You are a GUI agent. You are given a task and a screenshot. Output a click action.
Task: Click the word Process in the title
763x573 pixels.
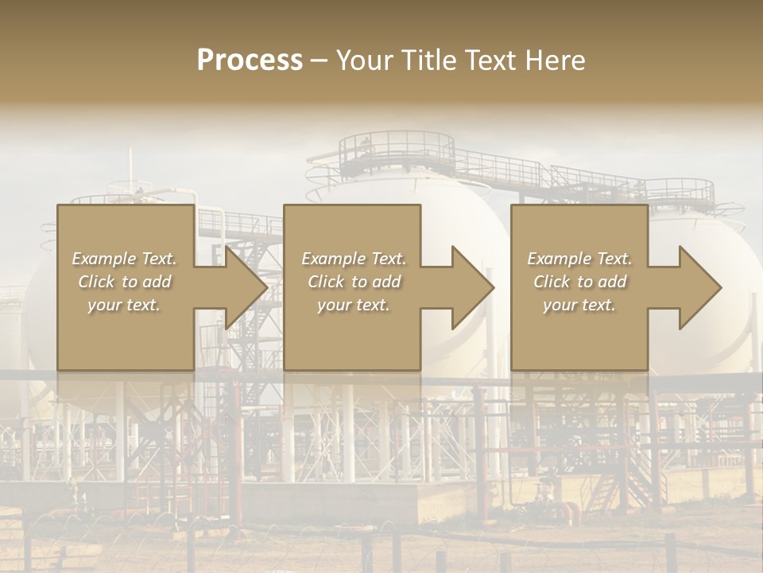[x=250, y=60]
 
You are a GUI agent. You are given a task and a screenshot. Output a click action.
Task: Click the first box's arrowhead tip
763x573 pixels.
[x=267, y=287]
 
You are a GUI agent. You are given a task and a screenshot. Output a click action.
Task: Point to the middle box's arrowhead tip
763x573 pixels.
[x=494, y=287]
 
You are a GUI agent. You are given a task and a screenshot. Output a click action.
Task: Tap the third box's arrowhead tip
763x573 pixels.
[x=721, y=287]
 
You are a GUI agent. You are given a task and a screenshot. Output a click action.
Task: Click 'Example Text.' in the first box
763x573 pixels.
[x=124, y=259]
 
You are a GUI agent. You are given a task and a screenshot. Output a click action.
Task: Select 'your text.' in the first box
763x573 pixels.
[x=124, y=305]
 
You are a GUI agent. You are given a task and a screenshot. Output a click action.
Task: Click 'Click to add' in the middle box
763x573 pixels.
[x=354, y=282]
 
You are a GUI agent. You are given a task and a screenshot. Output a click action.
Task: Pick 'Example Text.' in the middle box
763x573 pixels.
[x=354, y=259]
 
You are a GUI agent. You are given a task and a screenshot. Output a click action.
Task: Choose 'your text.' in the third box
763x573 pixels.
[x=579, y=305]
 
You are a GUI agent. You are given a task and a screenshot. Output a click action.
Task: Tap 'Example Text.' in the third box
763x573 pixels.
[x=579, y=259]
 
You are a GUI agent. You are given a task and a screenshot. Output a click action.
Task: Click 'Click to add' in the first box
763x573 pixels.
[x=124, y=282]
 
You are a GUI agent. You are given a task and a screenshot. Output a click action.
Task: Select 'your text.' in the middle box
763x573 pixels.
[x=354, y=305]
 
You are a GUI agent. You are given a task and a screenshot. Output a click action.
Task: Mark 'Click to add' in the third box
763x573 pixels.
[x=579, y=282]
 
